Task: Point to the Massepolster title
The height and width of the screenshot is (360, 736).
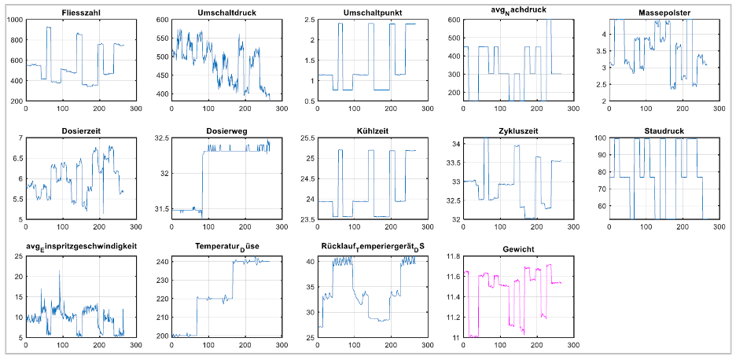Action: point(660,12)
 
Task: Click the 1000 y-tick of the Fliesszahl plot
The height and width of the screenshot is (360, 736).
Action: point(14,19)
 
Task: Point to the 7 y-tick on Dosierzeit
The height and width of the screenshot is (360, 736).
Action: point(20,138)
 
